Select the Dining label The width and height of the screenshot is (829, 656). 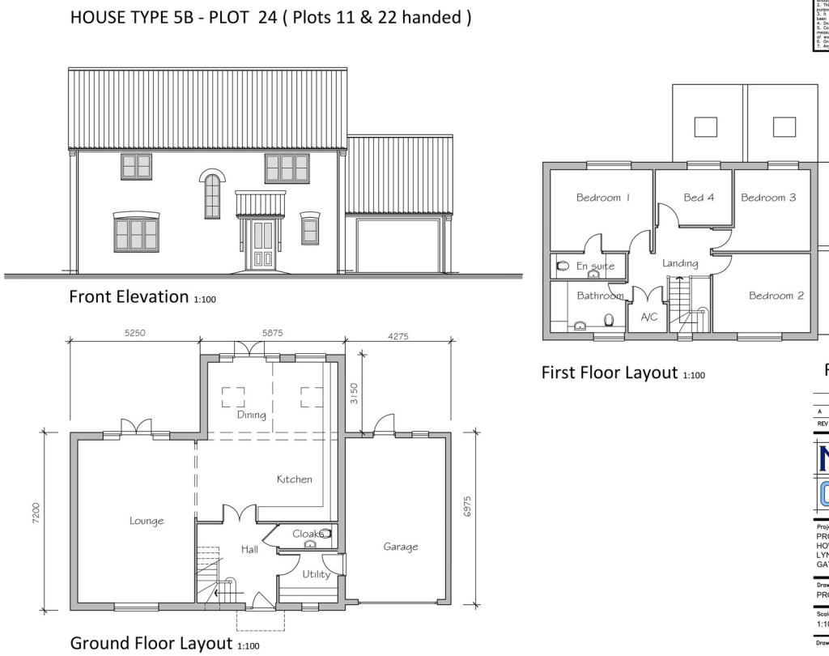pos(251,414)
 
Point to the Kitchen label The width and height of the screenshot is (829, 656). pos(294,479)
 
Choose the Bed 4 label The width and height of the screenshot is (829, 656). pos(699,198)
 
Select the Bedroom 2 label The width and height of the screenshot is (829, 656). pos(776,296)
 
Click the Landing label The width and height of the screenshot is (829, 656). pos(680,262)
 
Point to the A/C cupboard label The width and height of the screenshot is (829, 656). pos(649,317)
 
